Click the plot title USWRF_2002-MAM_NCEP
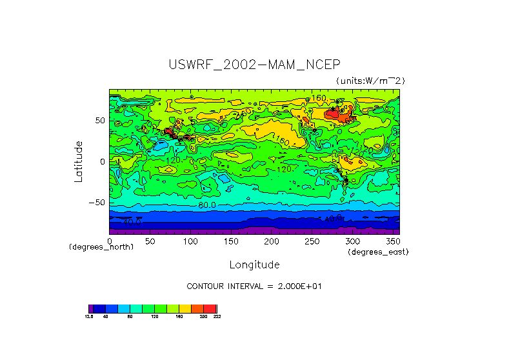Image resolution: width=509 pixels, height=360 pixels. [x=254, y=65]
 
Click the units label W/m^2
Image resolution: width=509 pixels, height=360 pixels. [x=370, y=81]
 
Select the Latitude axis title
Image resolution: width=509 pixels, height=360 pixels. [x=78, y=161]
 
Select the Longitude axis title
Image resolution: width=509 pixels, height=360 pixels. [x=254, y=265]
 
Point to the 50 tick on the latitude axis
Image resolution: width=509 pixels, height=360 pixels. [x=100, y=121]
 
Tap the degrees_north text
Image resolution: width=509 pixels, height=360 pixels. [x=101, y=247]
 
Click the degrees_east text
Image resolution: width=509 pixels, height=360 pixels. [x=378, y=252]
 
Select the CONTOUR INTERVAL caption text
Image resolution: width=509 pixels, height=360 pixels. [x=254, y=286]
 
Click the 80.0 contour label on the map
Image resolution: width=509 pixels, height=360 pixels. [x=207, y=205]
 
